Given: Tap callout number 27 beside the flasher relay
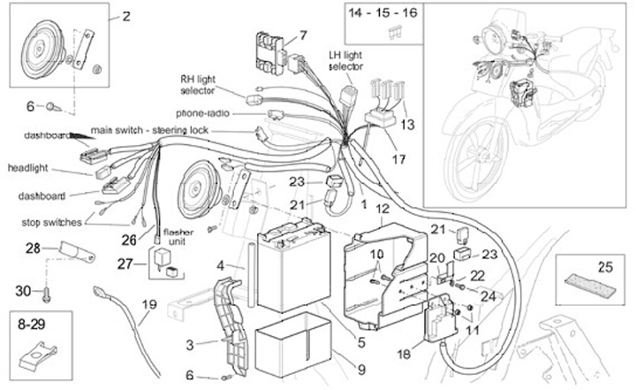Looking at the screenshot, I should pos(125,263).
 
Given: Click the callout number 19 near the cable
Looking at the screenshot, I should pos(148,305).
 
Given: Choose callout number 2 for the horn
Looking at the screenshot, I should pos(125,15).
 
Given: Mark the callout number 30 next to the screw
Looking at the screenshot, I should pos(24,290).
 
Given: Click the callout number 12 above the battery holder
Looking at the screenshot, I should pos(382,210).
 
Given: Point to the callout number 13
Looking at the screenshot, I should pos(407,126).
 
